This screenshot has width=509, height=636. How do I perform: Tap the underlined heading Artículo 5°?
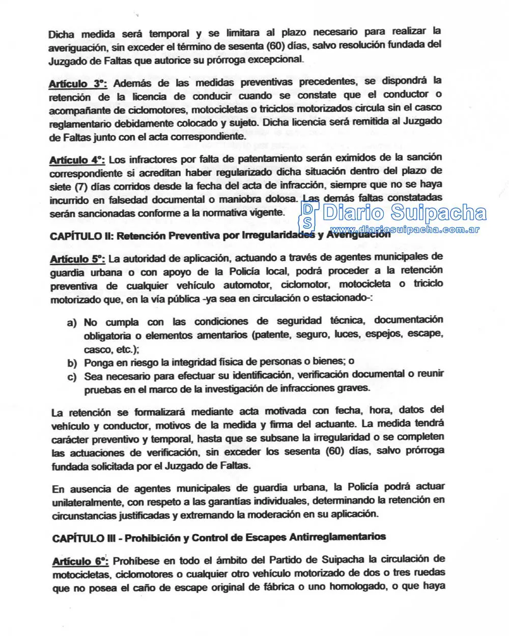[77, 259]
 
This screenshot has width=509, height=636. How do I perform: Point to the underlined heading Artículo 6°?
[80, 561]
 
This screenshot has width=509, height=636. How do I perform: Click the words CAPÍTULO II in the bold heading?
[76, 236]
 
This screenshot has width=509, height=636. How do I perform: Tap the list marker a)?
[72, 323]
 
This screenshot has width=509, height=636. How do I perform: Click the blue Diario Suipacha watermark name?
[405, 213]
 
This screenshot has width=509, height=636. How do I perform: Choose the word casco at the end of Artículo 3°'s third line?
[429, 108]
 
